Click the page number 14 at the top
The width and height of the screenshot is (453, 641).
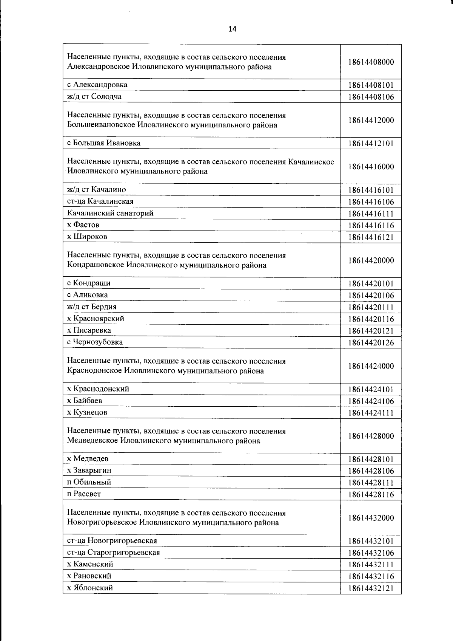232,29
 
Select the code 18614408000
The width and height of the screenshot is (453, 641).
371,62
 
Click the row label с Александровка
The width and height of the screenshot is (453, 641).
97,85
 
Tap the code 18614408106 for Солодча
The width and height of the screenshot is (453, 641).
371,97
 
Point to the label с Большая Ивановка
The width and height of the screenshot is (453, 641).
104,143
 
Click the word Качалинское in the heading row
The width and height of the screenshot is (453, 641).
311,162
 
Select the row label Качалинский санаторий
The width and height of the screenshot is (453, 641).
110,213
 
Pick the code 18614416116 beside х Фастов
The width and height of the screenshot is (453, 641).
371,226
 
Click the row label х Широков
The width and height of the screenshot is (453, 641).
87,237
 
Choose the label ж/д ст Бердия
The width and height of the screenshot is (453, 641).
92,307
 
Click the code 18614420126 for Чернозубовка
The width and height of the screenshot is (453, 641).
371,343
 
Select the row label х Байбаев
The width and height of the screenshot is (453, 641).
85,400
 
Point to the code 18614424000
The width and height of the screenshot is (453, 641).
371,366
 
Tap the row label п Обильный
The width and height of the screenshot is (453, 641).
89,482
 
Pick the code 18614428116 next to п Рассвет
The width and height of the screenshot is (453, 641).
371,495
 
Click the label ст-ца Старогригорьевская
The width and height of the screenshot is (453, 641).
113,552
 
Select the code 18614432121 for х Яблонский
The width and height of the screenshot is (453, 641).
371,588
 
